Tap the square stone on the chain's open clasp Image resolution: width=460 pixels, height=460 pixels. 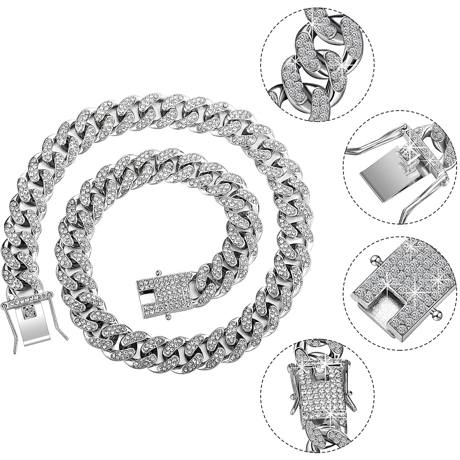29,312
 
